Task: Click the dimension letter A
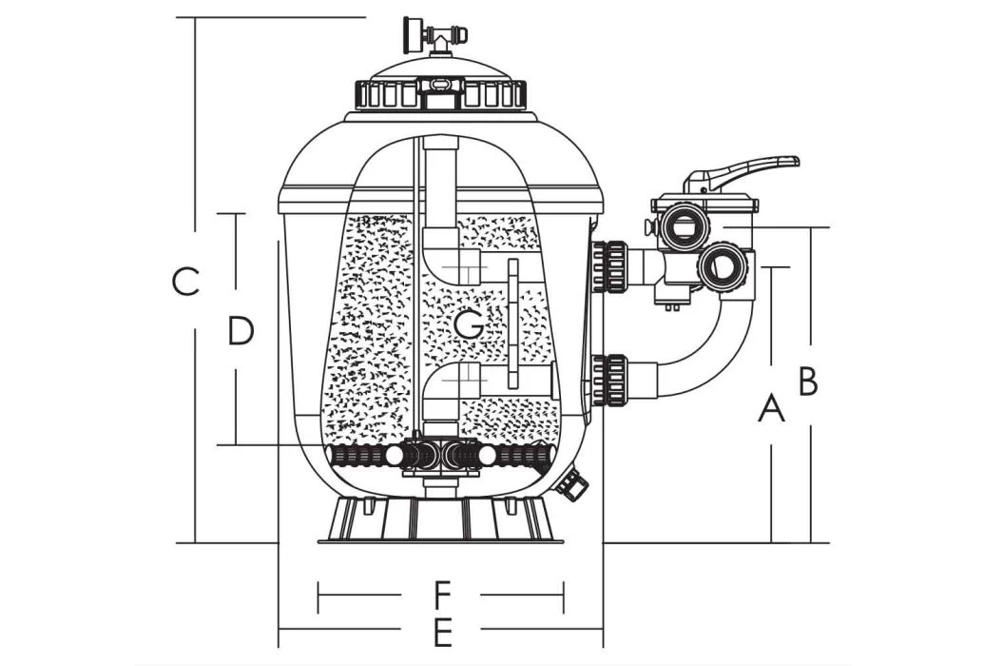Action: [x=772, y=409]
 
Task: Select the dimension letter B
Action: [x=808, y=381]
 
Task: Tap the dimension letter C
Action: [x=185, y=282]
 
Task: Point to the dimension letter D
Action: [x=241, y=331]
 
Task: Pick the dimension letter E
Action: [x=440, y=630]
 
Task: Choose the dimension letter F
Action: [x=440, y=597]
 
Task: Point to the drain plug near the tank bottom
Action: [x=571, y=484]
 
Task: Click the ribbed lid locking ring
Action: [x=440, y=94]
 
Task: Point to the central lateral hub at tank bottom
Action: [x=439, y=456]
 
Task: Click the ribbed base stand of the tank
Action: [x=439, y=520]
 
